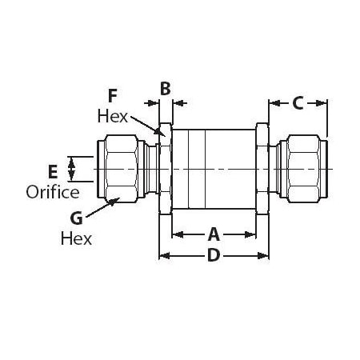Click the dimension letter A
[x=214, y=234]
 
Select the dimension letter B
[x=165, y=88]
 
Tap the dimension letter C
[x=298, y=102]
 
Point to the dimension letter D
[x=214, y=256]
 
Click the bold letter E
[x=53, y=171]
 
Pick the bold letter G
[x=76, y=218]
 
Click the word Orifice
[x=52, y=192]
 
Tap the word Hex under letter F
[x=112, y=114]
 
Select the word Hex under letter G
[x=76, y=238]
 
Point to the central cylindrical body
[x=212, y=170]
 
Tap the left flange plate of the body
[x=166, y=170]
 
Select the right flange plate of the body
[x=262, y=170]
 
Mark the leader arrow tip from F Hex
[x=162, y=135]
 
